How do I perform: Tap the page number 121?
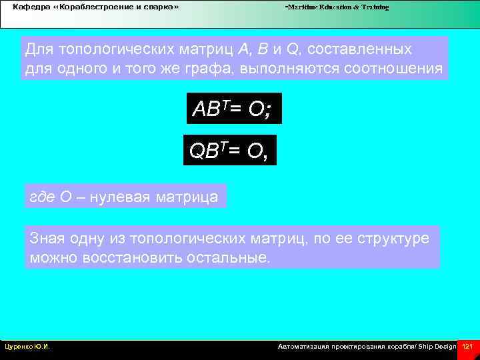click(467, 347)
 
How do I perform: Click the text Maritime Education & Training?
click(337, 7)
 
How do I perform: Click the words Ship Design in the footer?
click(437, 347)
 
